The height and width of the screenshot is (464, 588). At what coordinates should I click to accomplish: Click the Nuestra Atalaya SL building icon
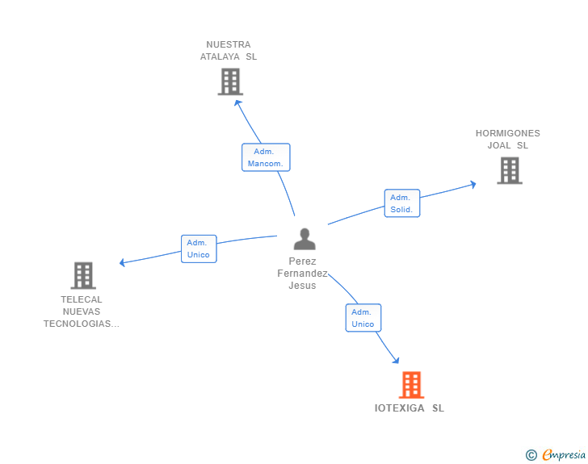pos(230,82)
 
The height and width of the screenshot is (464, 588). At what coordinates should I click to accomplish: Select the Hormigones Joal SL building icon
pos(509,170)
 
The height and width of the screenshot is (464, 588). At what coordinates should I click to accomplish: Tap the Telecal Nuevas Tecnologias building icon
pos(83,275)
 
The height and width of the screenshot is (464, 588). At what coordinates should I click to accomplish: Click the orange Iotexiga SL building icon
pos(411,385)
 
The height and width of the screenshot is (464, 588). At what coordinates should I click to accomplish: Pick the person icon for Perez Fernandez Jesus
pos(304,240)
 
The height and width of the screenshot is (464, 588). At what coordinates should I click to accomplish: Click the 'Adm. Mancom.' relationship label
pos(265,157)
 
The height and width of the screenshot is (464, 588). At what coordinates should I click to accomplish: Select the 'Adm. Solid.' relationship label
pos(401,203)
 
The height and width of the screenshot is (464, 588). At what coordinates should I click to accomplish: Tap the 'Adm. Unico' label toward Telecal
pos(198,249)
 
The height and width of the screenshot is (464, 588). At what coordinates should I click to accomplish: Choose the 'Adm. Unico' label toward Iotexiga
pos(363,318)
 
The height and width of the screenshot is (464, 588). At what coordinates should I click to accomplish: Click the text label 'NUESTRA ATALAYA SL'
pos(229,51)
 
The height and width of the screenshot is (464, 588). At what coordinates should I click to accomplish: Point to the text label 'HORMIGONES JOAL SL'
pos(508,140)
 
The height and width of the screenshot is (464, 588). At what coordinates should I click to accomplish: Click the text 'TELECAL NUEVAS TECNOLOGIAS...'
pos(82,311)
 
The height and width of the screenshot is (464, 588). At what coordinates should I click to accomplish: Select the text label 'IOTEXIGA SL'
pos(409,408)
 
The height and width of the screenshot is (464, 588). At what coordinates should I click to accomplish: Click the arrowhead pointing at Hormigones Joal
pos(472,184)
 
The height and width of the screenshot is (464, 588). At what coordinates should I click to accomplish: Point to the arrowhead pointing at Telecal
pos(122,262)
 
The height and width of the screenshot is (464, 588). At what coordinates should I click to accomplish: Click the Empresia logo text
pos(564,455)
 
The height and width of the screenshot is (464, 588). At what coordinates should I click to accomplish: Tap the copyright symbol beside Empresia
pos(531,455)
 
